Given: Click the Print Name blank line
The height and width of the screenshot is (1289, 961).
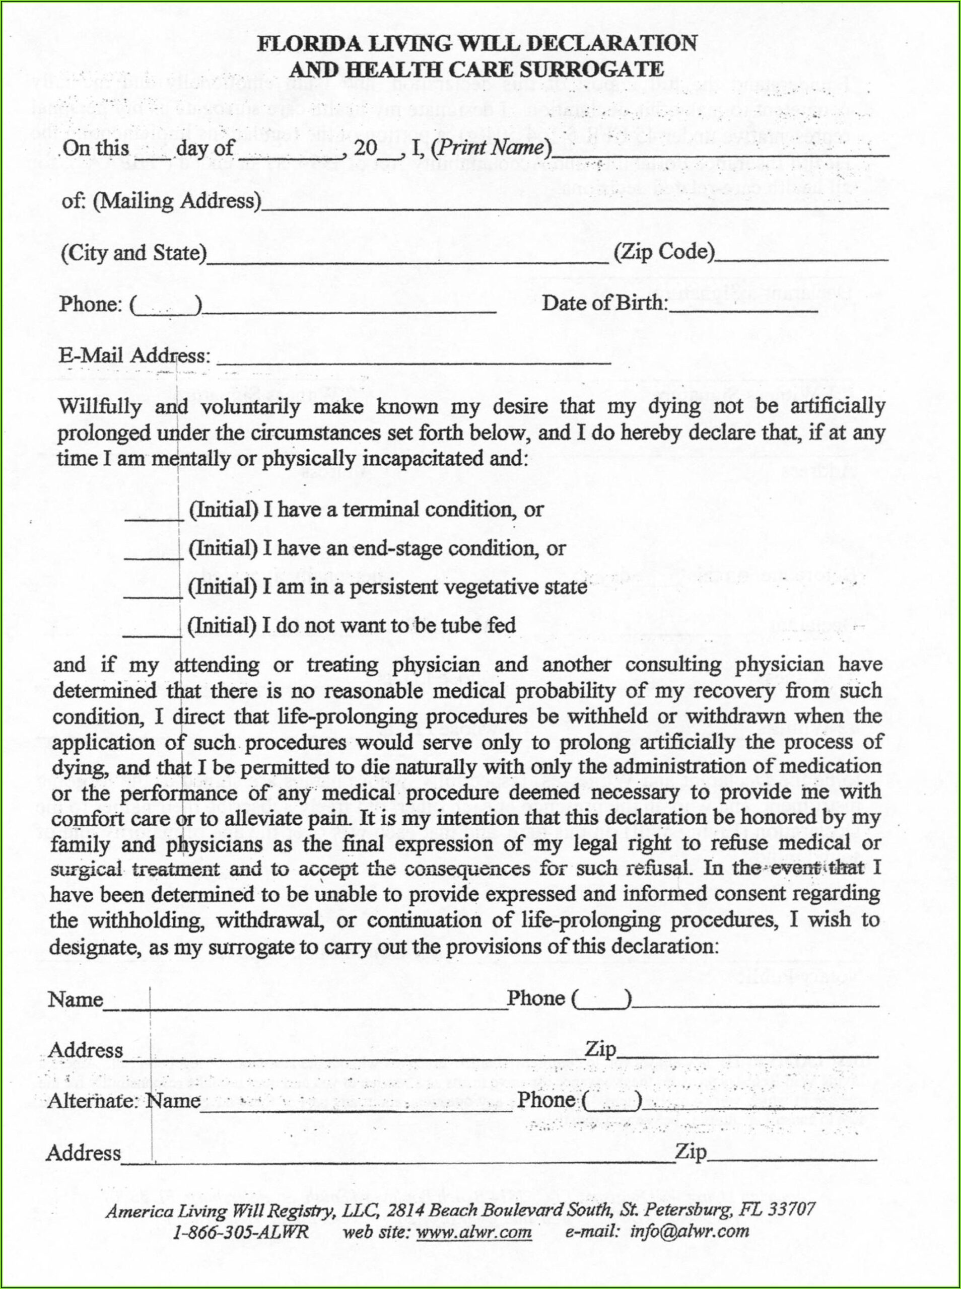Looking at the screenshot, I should [x=720, y=153].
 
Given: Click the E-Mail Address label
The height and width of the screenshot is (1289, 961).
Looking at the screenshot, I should [x=134, y=355].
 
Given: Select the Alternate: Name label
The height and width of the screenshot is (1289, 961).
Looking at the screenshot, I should [x=124, y=1100].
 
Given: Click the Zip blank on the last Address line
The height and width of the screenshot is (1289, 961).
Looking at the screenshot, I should [x=791, y=1154].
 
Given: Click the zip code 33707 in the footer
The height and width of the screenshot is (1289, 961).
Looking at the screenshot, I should [x=791, y=1209].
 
